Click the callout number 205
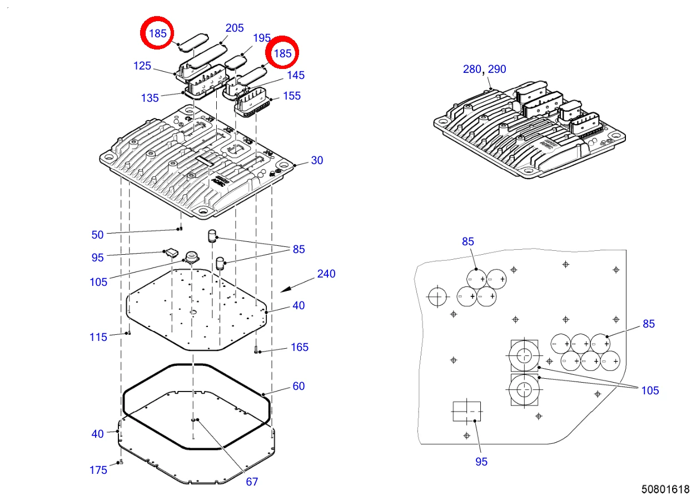(x=235, y=28)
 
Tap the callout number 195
(x=262, y=38)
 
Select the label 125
(x=142, y=66)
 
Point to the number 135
(x=150, y=98)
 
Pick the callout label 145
(x=296, y=75)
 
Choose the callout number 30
(x=317, y=160)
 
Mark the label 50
(x=97, y=235)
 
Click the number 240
(x=326, y=274)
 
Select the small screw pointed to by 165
(x=256, y=350)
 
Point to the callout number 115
(x=98, y=338)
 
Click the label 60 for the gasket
(x=299, y=386)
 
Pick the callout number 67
(x=252, y=482)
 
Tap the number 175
(x=98, y=470)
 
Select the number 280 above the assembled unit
(x=472, y=69)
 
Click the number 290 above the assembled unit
(x=497, y=69)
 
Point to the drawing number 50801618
(x=665, y=489)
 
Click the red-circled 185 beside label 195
(x=282, y=53)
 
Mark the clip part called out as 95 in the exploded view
(x=172, y=253)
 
